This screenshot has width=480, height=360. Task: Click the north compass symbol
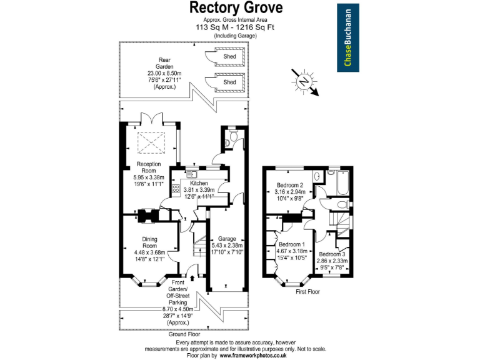pos(304,81)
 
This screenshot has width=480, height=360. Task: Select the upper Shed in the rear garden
pos(229,56)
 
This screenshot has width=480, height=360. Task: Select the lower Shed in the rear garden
pos(229,82)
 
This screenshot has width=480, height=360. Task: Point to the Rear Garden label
pos(164,61)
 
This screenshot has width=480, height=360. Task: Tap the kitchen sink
pos(191,173)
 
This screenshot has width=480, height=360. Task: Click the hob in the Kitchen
pos(176,189)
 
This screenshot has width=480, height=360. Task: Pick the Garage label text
pos(226,239)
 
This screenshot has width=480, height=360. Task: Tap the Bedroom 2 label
pos(290,185)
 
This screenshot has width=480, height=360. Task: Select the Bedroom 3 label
pos(332,254)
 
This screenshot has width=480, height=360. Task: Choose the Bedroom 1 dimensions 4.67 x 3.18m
pos(291,252)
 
